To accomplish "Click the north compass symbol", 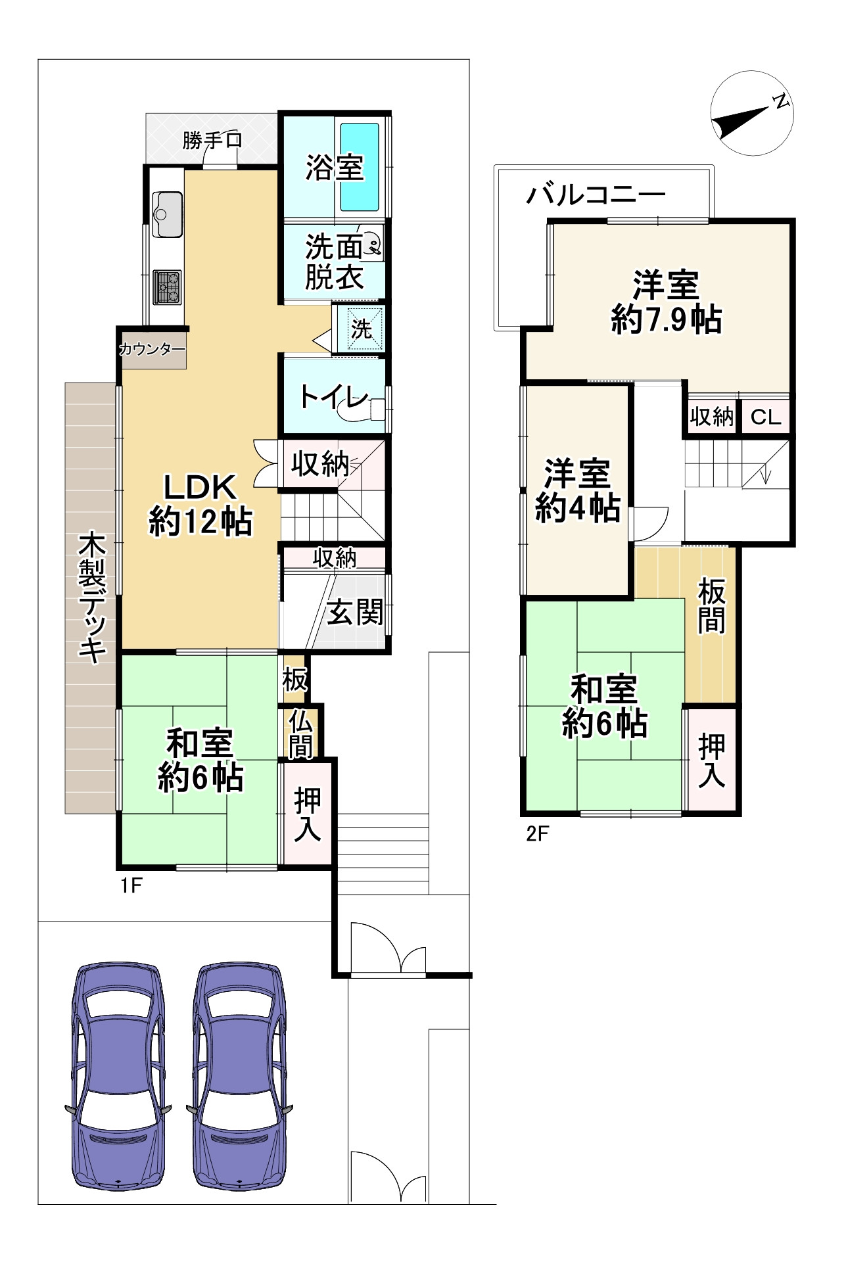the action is tap(753, 114).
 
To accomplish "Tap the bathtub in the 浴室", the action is tap(359, 166).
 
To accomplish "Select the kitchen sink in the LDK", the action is tap(168, 214).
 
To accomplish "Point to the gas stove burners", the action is tap(168, 287).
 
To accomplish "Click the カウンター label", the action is tap(153, 349).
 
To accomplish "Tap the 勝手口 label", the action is tap(212, 140).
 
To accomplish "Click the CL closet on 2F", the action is tap(766, 416).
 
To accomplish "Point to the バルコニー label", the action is tap(596, 195).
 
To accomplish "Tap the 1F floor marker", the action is tap(131, 886).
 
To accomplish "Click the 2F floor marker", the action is tap(537, 833).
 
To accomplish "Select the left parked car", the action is tap(118, 1075).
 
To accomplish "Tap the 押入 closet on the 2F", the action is tap(711, 760).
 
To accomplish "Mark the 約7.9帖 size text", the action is tap(666, 320).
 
